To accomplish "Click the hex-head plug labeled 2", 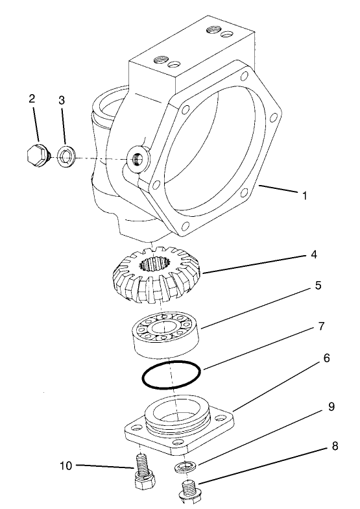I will click(x=36, y=156).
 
